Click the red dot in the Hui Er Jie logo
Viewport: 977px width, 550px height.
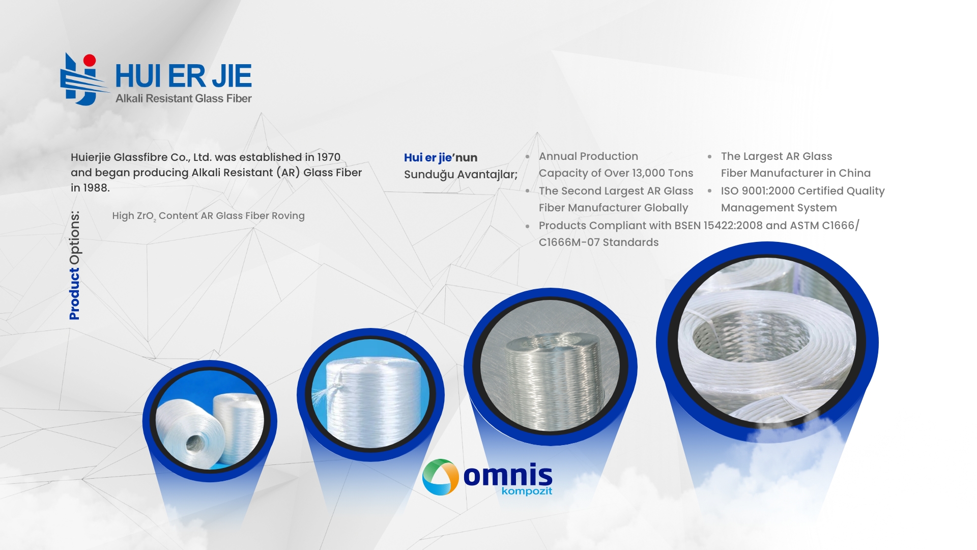coord(90,61)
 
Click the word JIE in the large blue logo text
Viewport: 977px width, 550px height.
coord(232,76)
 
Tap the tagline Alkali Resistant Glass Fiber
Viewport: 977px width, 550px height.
coord(184,98)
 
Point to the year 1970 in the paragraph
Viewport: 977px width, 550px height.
coord(329,157)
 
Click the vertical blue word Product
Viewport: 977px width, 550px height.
coord(75,294)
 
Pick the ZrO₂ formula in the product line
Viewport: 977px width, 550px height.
coord(147,216)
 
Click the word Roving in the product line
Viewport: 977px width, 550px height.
coord(288,215)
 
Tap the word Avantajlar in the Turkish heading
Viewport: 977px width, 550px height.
coord(487,175)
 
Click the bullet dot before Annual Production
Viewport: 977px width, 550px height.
coord(528,157)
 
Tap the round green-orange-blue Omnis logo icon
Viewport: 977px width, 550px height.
coord(441,477)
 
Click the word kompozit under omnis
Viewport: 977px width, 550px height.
coord(527,491)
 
